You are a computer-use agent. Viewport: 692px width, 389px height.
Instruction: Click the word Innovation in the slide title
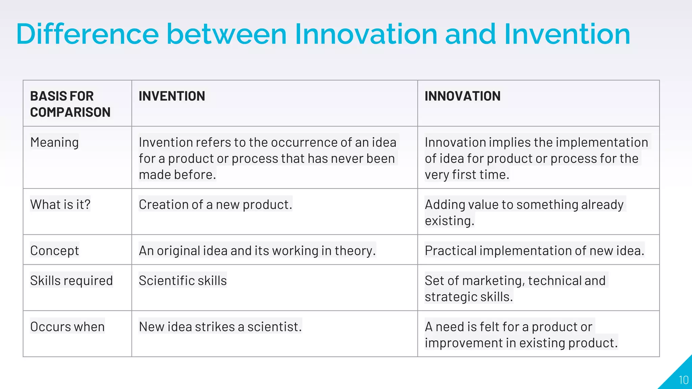coord(366,34)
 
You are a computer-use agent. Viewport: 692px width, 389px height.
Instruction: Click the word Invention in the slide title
coord(567,34)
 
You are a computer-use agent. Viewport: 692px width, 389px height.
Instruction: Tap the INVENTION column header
coord(172,96)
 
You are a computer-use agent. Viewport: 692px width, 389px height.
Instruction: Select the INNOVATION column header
coord(462,96)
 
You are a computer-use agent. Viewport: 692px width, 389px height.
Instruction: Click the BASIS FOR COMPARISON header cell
coord(70,104)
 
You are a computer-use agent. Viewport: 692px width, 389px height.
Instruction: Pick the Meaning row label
coord(54,142)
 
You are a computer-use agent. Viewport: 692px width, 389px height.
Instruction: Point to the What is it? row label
coord(60,204)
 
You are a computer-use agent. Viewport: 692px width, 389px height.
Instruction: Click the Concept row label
coord(54,251)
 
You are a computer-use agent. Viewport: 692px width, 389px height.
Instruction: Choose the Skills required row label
coord(71,281)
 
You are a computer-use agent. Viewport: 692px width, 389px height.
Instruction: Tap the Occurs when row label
coord(67,327)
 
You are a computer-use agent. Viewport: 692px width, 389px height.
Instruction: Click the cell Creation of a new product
coord(215,204)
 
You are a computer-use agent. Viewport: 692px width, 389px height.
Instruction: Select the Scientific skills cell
coord(182,281)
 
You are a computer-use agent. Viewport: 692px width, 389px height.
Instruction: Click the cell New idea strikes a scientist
coord(220,327)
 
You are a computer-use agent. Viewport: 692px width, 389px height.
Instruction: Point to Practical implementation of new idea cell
coord(534,251)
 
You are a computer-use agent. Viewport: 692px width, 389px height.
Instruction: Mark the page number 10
coord(683,380)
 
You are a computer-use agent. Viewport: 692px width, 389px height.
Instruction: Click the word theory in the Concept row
coord(355,251)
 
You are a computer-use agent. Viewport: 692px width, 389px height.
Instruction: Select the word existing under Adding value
coord(449,221)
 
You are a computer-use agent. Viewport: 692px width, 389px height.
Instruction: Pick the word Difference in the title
coord(87,34)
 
